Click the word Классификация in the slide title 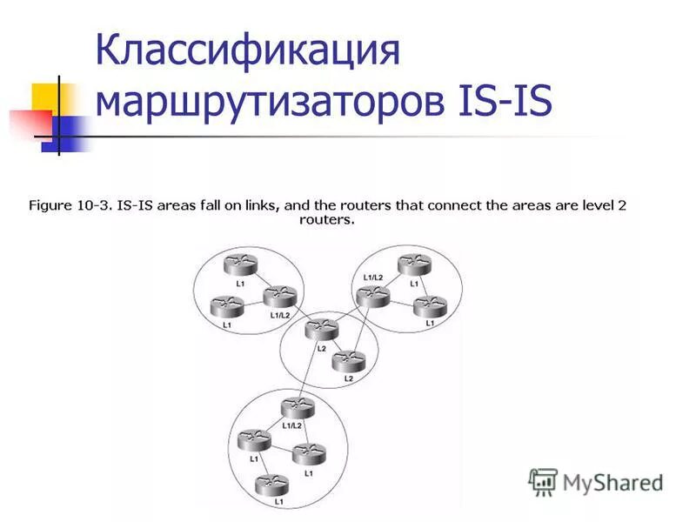tap(247, 51)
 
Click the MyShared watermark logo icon tap(544, 481)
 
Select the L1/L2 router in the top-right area tap(373, 297)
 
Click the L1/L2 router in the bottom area tap(298, 409)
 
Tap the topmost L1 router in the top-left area tap(238, 265)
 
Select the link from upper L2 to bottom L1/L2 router tap(309, 371)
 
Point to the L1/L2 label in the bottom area tap(292, 425)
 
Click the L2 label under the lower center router tap(348, 378)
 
